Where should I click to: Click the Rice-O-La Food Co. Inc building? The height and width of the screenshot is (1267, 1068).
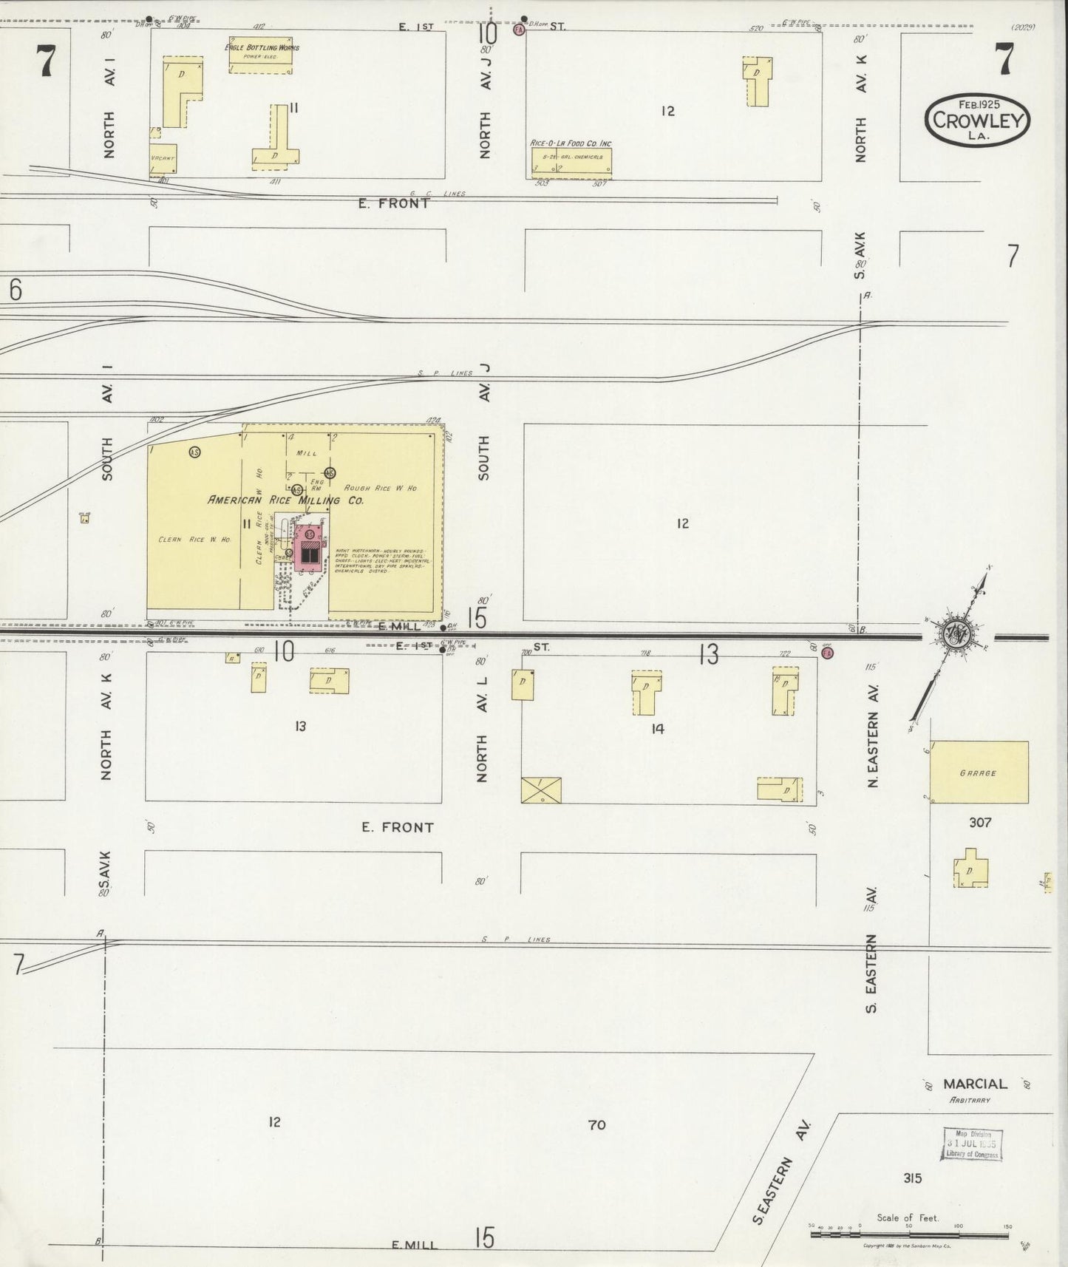click(x=571, y=162)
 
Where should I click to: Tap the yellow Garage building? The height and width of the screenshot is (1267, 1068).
click(x=979, y=772)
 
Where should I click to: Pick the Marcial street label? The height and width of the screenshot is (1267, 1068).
click(x=975, y=1084)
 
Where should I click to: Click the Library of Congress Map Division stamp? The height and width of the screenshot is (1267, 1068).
click(x=972, y=1144)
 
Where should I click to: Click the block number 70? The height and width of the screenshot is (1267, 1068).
click(x=596, y=1124)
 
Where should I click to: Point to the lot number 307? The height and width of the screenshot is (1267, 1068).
click(x=980, y=822)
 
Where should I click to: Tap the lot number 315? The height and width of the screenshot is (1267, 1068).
click(x=912, y=1178)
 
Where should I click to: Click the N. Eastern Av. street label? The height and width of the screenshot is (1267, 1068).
click(x=873, y=749)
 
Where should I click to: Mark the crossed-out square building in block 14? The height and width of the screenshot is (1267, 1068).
click(x=541, y=789)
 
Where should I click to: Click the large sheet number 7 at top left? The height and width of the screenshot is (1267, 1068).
click(x=46, y=61)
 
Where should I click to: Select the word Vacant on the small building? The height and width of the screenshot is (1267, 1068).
click(x=162, y=158)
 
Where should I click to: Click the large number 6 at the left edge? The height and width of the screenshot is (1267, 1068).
click(x=15, y=290)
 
